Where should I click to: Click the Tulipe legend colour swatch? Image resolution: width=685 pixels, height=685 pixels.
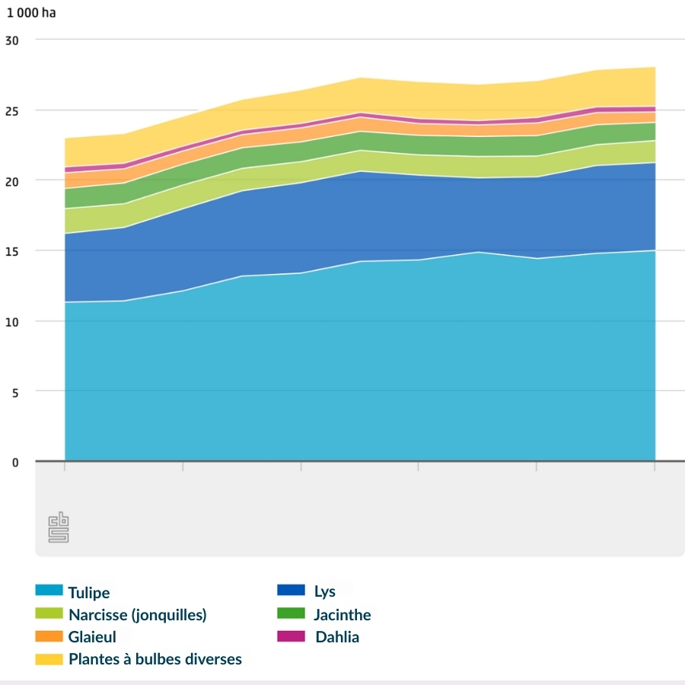(48, 591)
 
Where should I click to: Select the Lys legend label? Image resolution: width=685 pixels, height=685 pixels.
(324, 591)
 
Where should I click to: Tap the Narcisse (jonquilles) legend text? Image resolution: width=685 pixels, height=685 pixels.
(137, 614)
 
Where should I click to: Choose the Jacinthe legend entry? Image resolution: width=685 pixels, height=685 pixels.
(342, 614)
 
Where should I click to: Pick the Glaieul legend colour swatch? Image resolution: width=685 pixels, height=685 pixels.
(48, 636)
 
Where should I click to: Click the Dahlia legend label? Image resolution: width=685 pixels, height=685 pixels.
(336, 637)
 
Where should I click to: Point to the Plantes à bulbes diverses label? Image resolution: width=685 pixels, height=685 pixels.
(155, 659)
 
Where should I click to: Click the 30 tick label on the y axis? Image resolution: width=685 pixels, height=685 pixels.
(11, 40)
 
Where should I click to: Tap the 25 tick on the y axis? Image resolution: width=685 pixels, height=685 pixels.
(11, 110)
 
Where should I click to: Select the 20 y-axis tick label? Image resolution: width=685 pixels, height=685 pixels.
(11, 180)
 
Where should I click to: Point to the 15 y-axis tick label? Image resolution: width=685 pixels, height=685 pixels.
(11, 251)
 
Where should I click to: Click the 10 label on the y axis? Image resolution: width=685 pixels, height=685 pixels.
(11, 321)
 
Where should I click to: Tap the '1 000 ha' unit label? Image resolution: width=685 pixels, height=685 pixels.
(31, 14)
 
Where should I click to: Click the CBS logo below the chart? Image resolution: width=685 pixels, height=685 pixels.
(59, 528)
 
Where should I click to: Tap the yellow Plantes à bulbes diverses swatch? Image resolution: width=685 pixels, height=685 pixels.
(48, 659)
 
